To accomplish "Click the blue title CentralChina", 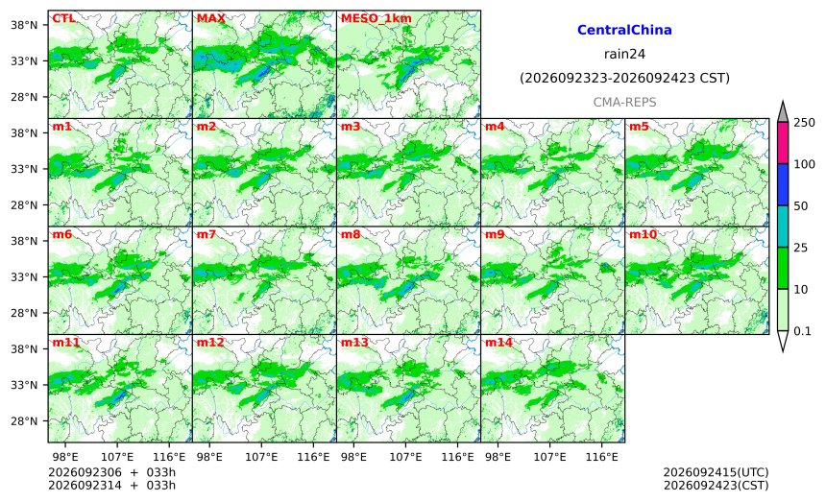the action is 624,30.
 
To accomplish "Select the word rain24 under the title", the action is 624,54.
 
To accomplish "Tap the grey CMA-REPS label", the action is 624,102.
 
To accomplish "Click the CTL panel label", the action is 63,18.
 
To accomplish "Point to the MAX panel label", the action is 210,18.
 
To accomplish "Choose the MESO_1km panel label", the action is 377,18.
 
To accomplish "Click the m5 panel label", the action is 639,127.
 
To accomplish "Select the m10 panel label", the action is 644,234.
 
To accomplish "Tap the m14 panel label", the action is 498,342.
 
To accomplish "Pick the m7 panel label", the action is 206,234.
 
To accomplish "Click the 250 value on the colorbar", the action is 805,123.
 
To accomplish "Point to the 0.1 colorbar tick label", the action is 802,331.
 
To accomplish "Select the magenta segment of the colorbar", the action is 783,143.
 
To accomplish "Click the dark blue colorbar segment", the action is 783,184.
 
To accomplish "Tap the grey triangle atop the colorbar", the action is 783,112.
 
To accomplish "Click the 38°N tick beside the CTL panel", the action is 24,25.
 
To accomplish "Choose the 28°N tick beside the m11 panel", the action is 24,421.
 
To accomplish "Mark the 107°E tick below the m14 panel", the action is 550,457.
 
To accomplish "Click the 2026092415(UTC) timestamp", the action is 716,472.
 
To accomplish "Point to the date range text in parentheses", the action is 624,79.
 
